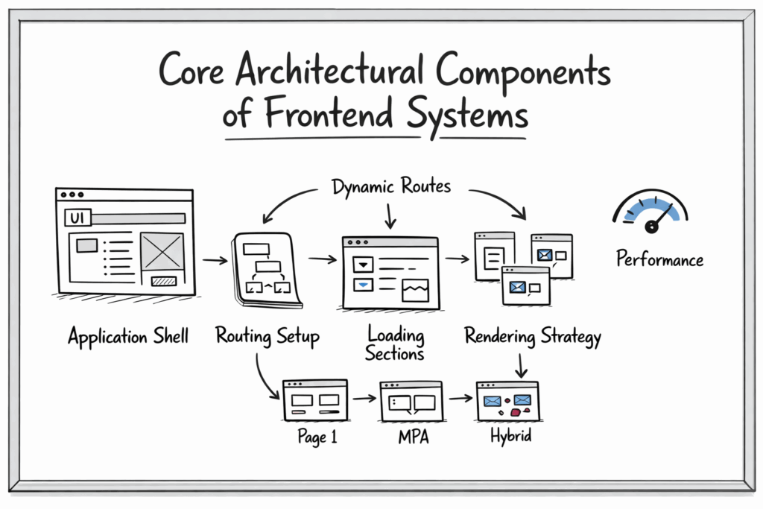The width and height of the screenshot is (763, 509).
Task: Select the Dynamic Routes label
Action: [391, 186]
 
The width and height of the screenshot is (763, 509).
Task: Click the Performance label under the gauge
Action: [659, 260]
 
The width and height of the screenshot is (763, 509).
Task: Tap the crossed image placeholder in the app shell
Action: [162, 251]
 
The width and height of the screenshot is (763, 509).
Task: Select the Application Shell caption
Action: [128, 337]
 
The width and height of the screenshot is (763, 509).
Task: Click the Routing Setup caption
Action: [267, 336]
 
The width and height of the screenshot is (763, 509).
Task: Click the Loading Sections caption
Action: [395, 344]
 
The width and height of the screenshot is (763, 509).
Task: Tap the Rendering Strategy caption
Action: [533, 336]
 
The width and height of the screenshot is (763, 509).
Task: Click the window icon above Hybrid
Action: [507, 401]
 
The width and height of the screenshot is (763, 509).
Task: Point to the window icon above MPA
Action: [411, 401]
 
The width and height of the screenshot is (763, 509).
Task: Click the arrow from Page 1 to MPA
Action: [364, 399]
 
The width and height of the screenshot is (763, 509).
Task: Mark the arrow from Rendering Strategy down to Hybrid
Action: [521, 364]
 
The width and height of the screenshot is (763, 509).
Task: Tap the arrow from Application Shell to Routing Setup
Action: [215, 260]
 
